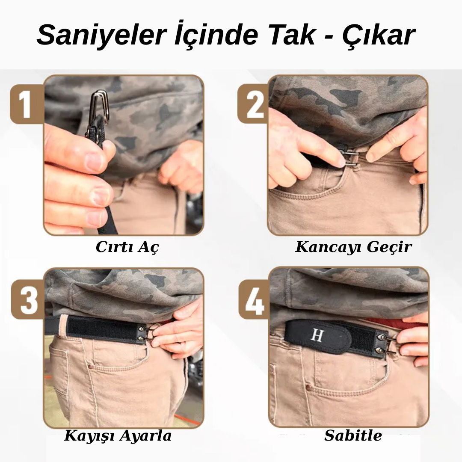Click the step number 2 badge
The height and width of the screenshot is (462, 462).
pyautogui.click(x=254, y=104)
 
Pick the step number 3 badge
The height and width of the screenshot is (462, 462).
pyautogui.click(x=28, y=299)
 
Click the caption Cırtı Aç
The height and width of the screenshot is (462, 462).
pyautogui.click(x=127, y=247)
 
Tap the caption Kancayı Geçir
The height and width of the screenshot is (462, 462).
pyautogui.click(x=353, y=247)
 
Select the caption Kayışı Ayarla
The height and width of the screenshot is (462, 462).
pyautogui.click(x=118, y=435)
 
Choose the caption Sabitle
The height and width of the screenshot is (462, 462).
pyautogui.click(x=353, y=435)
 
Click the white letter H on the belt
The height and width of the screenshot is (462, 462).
pyautogui.click(x=317, y=336)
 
